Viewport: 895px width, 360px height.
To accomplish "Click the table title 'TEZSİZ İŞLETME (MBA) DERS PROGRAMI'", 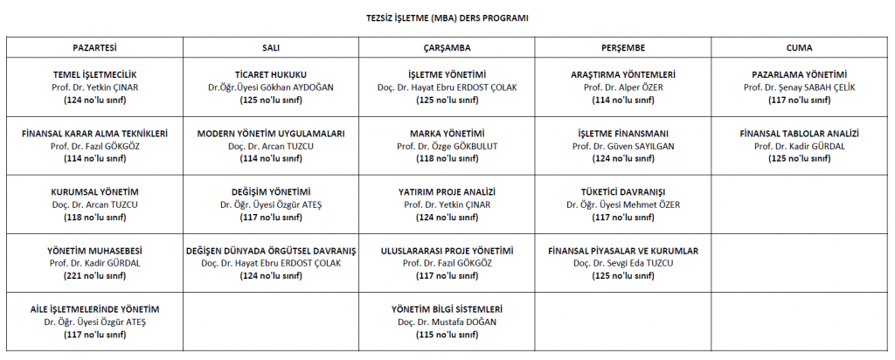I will pyautogui.click(x=447, y=17).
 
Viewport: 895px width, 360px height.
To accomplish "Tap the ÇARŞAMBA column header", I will pyautogui.click(x=447, y=47).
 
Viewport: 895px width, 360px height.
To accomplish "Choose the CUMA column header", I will pyautogui.click(x=799, y=47).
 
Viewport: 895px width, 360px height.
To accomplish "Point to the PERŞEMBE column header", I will pyautogui.click(x=623, y=47).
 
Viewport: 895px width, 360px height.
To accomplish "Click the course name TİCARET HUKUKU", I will pyautogui.click(x=271, y=75).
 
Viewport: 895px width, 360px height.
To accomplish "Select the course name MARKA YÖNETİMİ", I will pyautogui.click(x=447, y=134).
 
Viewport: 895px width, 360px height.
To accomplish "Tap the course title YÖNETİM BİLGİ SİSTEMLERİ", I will pyautogui.click(x=447, y=309).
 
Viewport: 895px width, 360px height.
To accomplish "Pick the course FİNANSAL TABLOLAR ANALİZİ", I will pyautogui.click(x=799, y=134).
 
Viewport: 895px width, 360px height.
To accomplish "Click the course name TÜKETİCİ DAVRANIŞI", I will pyautogui.click(x=623, y=192).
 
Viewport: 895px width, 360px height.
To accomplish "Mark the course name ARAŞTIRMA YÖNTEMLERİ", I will pyautogui.click(x=623, y=75).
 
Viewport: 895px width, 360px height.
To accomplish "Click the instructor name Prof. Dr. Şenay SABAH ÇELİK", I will pyautogui.click(x=799, y=87).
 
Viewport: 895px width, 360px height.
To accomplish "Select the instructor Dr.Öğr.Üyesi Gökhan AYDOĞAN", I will pyautogui.click(x=271, y=87).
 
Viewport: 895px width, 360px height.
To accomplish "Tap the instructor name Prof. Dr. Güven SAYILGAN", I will pyautogui.click(x=623, y=146).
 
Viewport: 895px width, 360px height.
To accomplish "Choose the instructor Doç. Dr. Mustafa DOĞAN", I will pyautogui.click(x=447, y=322).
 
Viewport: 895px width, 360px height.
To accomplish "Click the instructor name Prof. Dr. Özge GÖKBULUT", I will pyautogui.click(x=447, y=146).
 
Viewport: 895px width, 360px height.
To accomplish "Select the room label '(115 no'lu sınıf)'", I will pyautogui.click(x=447, y=334).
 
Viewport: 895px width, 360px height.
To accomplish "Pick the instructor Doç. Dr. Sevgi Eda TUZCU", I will pyautogui.click(x=623, y=263).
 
